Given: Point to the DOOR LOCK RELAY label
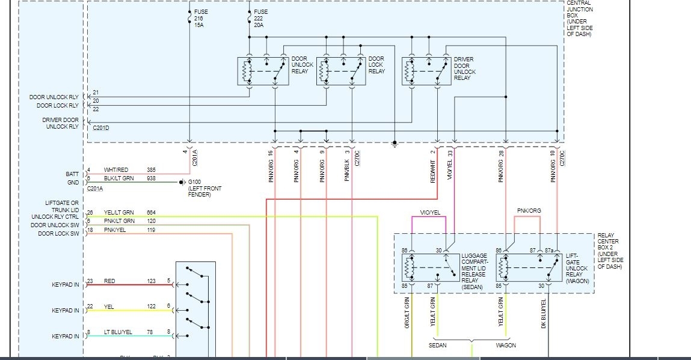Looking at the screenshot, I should tap(376, 65).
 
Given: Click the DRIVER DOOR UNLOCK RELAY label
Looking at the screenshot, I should tap(464, 69).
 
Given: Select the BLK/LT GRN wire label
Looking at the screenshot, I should tap(118, 178).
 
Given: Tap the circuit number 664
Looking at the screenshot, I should tap(152, 212).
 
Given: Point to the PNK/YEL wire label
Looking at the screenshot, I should tap(115, 230).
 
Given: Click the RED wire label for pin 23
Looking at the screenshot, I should tap(109, 281).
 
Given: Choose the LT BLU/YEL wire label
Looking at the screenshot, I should tap(118, 332).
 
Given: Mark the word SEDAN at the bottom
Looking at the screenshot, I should tap(438, 346).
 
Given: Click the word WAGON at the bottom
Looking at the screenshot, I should tap(506, 346).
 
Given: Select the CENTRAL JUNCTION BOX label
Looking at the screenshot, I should tap(580, 18).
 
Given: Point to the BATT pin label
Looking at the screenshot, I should tap(73, 174).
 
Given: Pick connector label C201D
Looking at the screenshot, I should tap(101, 127).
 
